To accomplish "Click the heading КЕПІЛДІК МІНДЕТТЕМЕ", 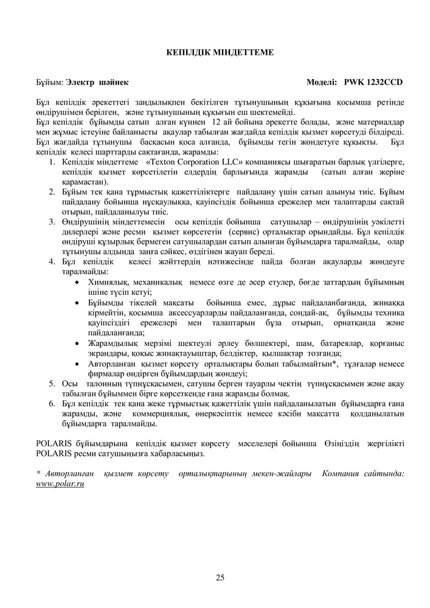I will coord(215,54).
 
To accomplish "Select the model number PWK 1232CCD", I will coord(373,81).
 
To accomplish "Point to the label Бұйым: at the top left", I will coord(50,81).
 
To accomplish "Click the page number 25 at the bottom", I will coord(220,578).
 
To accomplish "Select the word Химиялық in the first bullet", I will coord(108,283).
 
